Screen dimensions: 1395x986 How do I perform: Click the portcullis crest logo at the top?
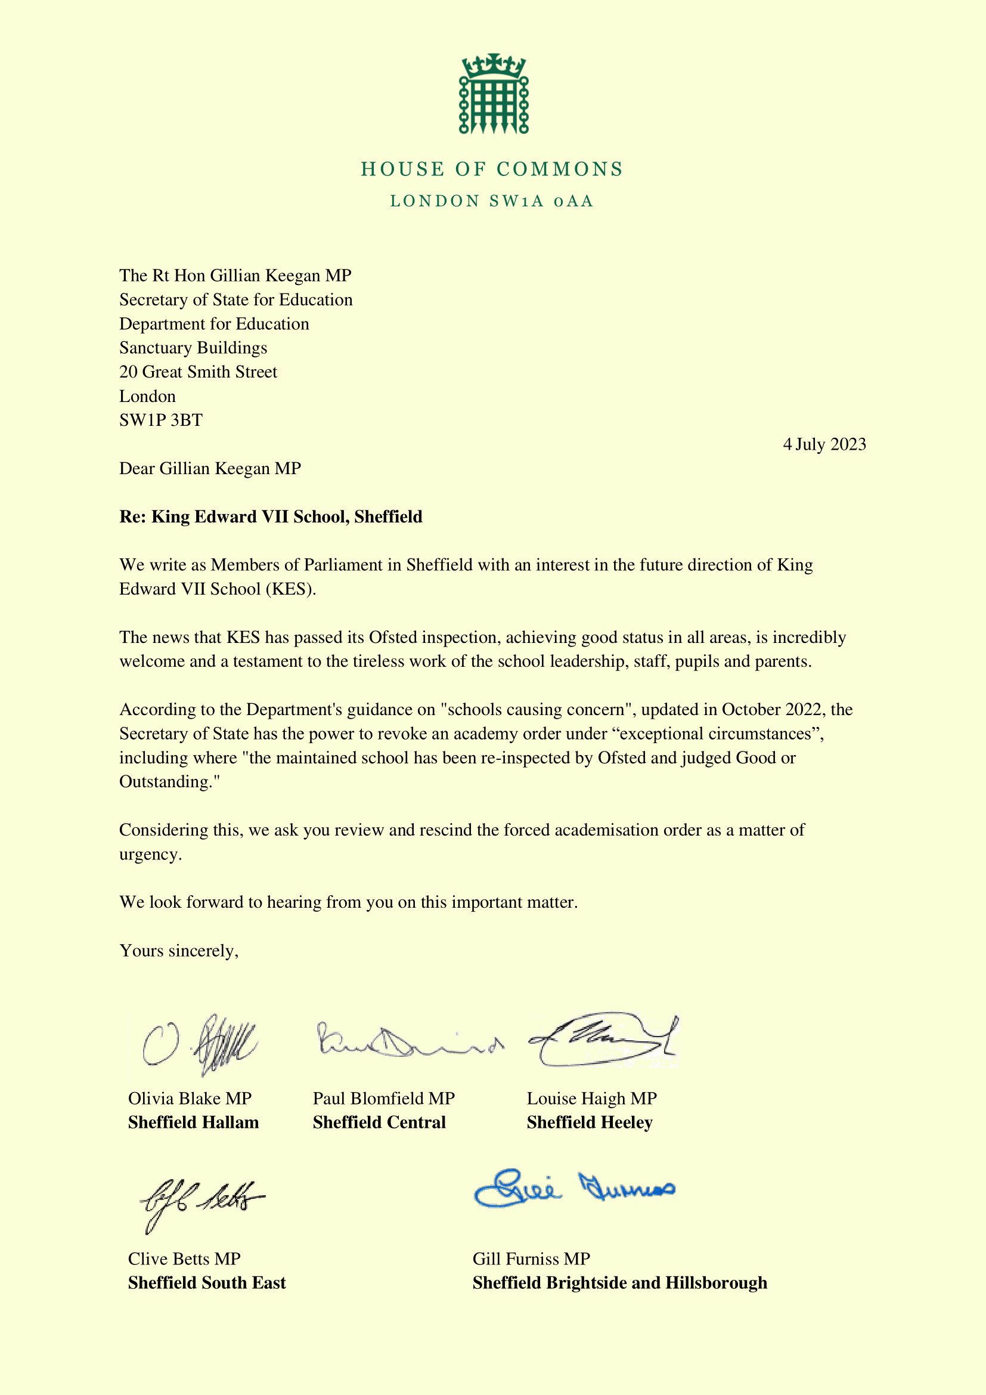[493, 94]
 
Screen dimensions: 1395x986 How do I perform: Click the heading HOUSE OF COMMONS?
[492, 169]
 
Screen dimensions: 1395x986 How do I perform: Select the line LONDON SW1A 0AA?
[492, 202]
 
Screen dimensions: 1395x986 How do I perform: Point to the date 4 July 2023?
[824, 445]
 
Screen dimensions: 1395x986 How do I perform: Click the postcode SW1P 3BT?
[161, 420]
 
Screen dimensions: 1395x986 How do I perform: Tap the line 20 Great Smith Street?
[198, 372]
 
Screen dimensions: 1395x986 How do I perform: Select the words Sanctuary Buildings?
[193, 348]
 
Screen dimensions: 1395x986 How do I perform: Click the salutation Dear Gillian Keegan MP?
[210, 469]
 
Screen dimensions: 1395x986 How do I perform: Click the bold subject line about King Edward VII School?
[271, 517]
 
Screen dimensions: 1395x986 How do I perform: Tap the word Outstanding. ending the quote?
[169, 782]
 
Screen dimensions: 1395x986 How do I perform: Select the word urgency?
[151, 855]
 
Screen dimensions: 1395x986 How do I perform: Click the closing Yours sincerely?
[179, 951]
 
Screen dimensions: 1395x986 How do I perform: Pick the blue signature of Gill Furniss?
[573, 1188]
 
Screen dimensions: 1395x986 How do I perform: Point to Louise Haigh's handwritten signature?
[603, 1040]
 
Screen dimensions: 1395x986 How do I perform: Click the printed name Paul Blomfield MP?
[384, 1099]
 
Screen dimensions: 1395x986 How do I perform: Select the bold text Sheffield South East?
[206, 1283]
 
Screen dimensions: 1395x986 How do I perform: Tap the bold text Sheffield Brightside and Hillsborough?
[619, 1283]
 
